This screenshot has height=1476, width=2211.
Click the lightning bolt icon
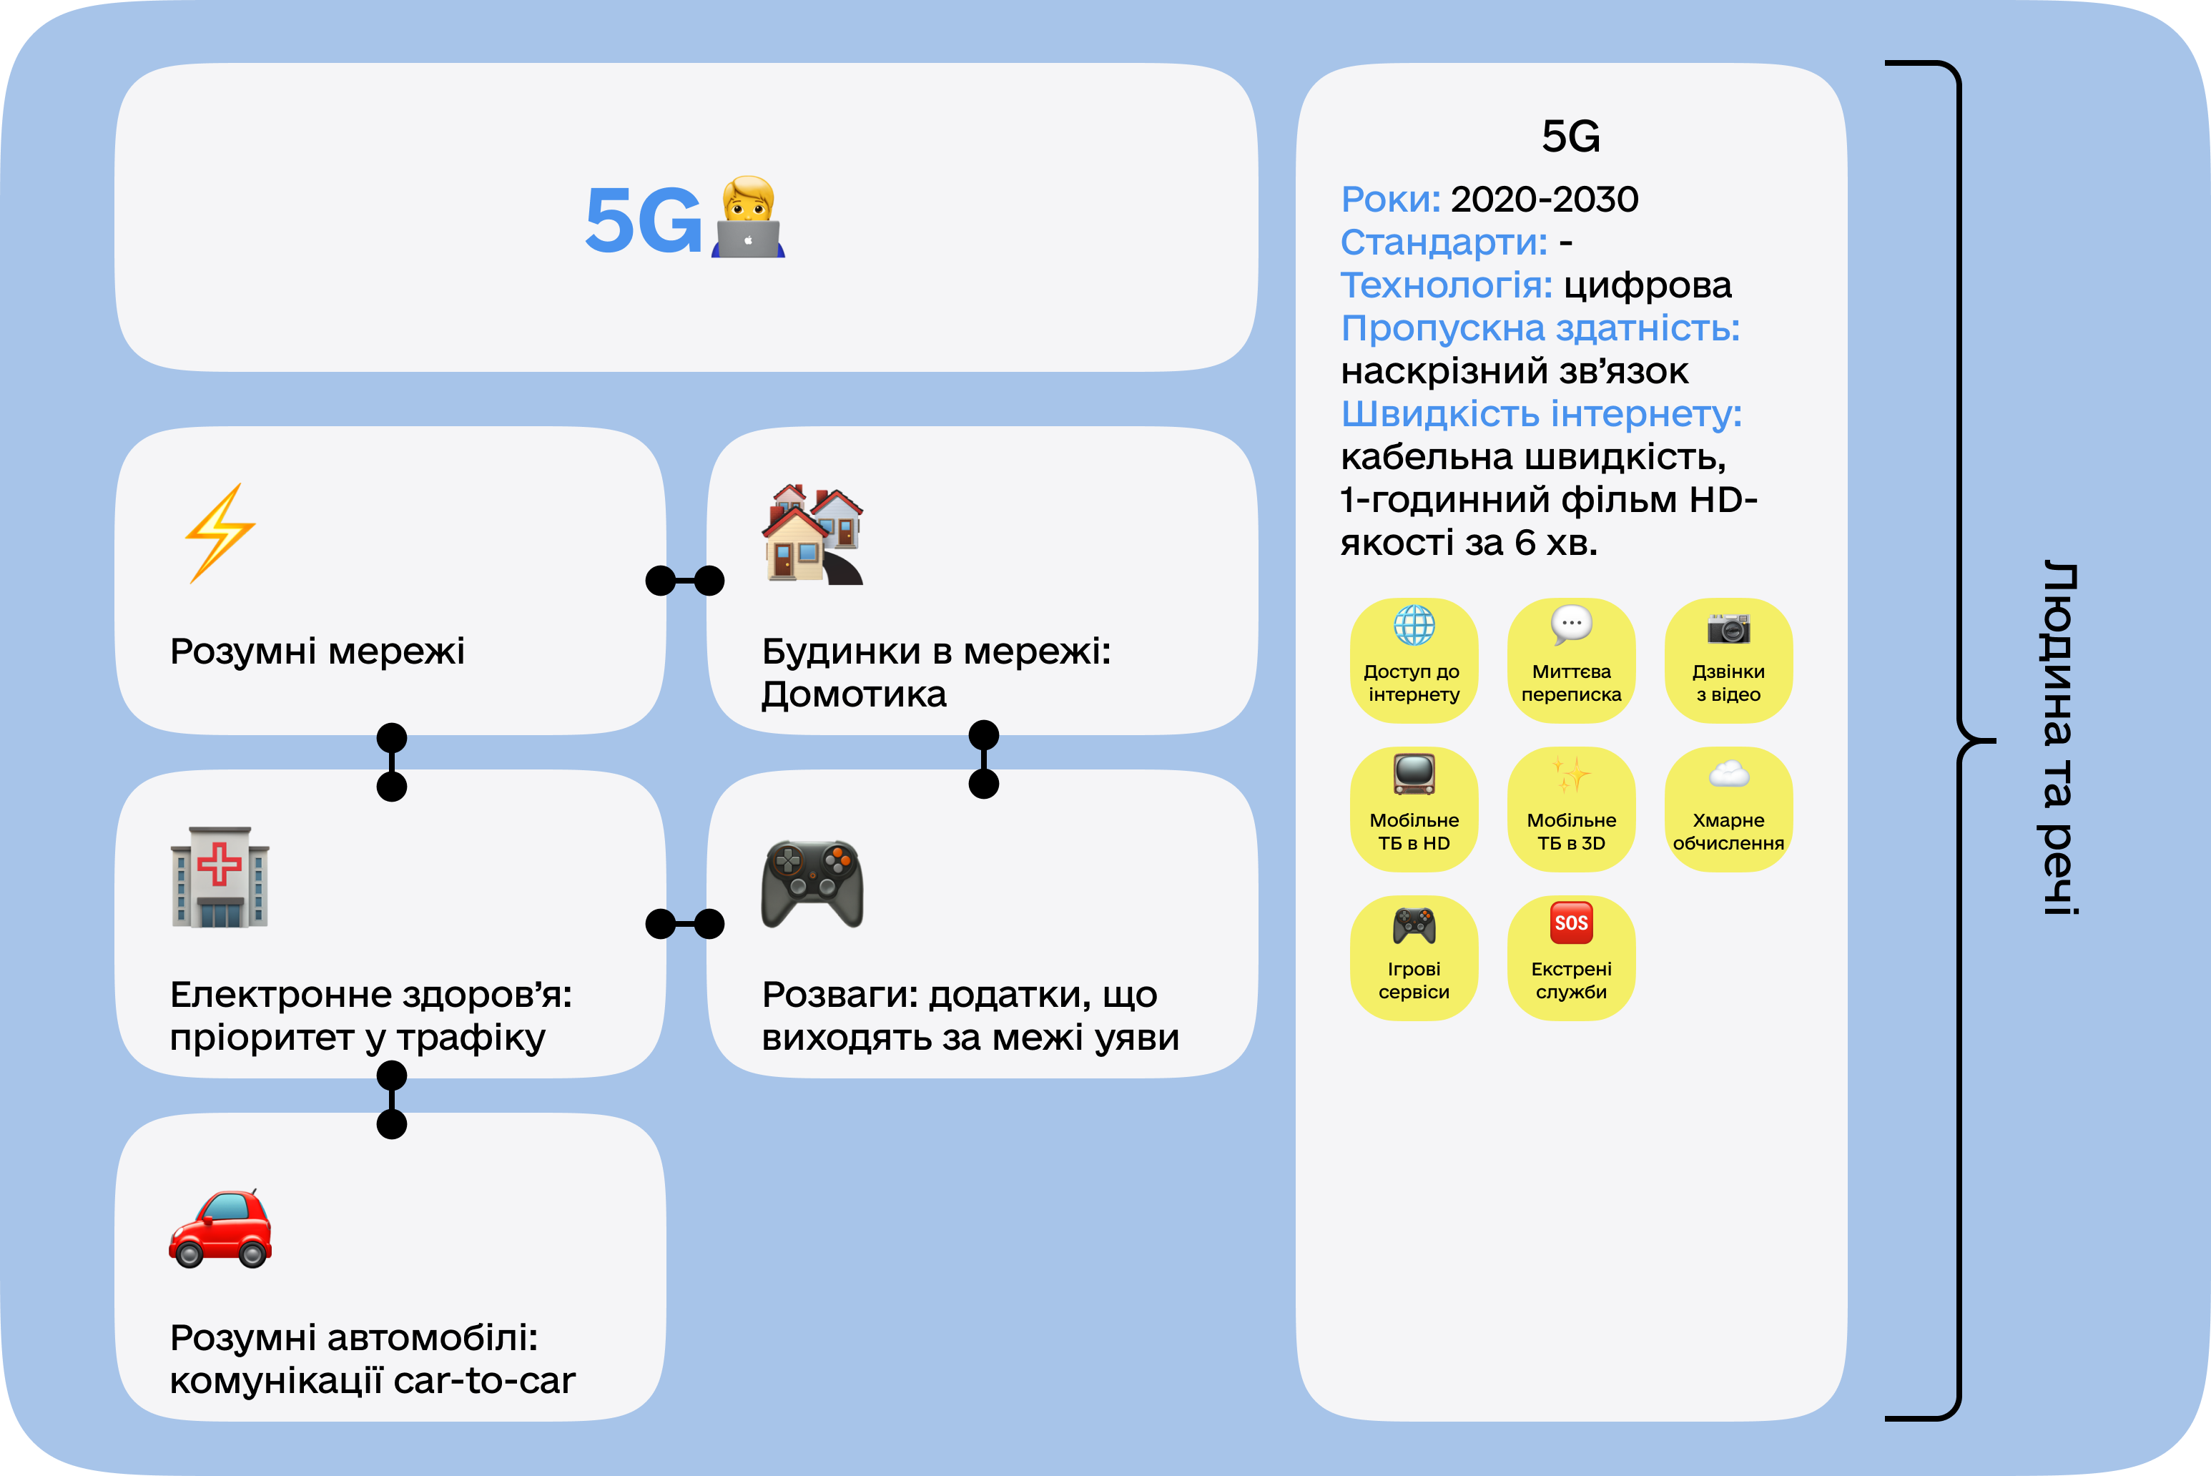click(x=220, y=533)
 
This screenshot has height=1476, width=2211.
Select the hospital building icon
click(x=220, y=877)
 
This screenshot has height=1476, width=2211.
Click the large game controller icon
click(x=812, y=883)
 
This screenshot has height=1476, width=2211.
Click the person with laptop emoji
click(x=748, y=217)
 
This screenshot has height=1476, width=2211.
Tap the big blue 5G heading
click(x=643, y=220)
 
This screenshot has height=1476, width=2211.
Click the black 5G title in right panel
click(x=1570, y=137)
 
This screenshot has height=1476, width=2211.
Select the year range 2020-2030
click(x=1544, y=200)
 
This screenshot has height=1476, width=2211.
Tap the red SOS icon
click(x=1571, y=923)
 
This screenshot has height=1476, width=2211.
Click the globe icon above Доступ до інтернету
click(x=1414, y=625)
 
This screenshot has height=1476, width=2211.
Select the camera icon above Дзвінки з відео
click(x=1728, y=627)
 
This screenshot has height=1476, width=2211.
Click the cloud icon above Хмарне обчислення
click(x=1728, y=774)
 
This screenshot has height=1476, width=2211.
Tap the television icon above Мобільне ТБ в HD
click(x=1414, y=774)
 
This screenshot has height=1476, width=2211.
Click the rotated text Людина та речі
click(x=2059, y=738)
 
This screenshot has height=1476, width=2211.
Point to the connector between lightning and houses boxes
click(x=685, y=581)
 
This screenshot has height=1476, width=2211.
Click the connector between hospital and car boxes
click(x=392, y=1099)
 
